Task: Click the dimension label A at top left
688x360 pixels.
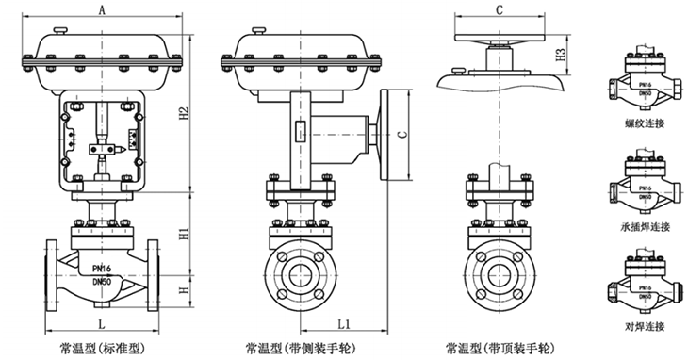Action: [x=102, y=9]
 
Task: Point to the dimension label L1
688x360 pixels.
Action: [x=344, y=324]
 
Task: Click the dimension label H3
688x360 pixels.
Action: [x=562, y=55]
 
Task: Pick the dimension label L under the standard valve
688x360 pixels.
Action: [x=102, y=324]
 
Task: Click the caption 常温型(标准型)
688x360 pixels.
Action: [x=102, y=349]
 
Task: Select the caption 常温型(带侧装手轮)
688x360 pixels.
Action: [x=300, y=349]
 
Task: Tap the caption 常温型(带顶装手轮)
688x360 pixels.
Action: [x=500, y=349]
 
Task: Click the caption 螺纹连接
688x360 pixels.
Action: [x=645, y=123]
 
